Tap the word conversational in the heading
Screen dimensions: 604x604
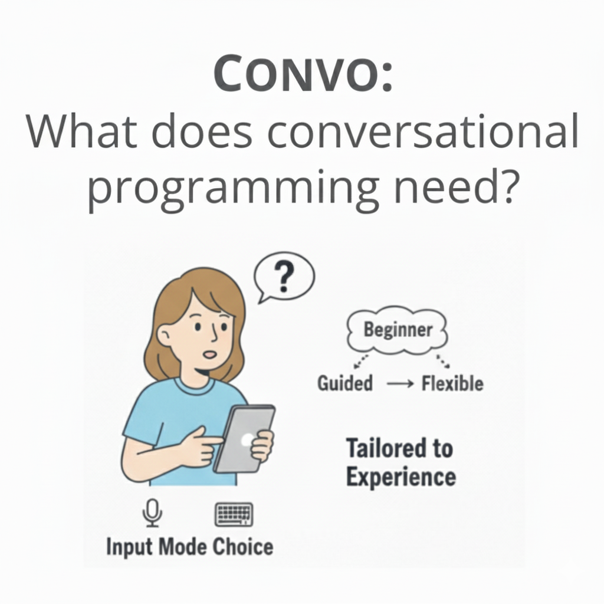(422, 130)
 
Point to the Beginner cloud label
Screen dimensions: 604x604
(398, 330)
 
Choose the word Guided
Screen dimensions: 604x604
(345, 383)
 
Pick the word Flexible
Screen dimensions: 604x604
(452, 383)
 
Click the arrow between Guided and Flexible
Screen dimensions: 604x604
(401, 383)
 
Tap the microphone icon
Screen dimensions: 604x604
(152, 513)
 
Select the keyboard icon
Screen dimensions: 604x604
(234, 514)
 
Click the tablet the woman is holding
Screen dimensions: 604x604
(244, 438)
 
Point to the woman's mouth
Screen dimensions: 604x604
(210, 354)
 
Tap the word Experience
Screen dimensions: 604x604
(401, 477)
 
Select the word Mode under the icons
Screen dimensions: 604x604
(183, 547)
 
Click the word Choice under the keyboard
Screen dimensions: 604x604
(243, 547)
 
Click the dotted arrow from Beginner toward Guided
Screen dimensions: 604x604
(360, 362)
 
